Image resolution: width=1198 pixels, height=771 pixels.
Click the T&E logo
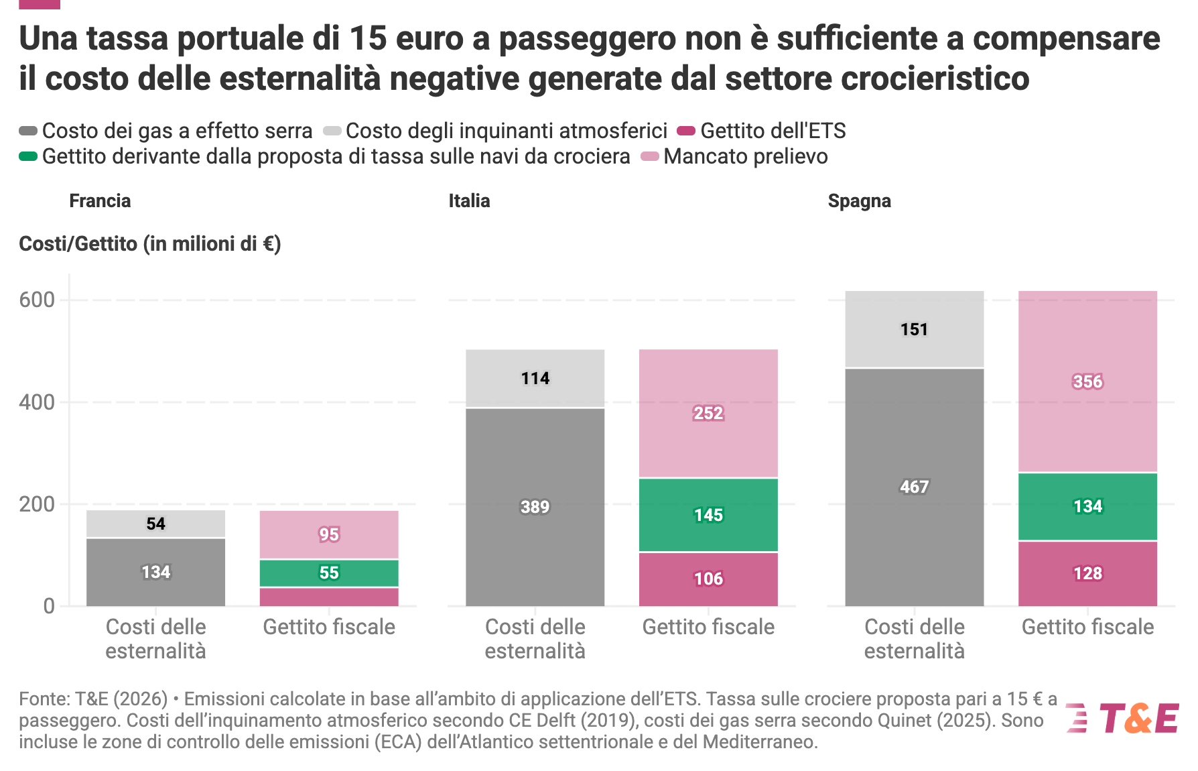(x=1122, y=718)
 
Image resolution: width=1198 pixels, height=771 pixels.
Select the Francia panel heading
(x=100, y=201)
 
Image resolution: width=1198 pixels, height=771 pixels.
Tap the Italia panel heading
(x=469, y=201)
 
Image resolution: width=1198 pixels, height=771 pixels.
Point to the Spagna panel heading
(x=860, y=201)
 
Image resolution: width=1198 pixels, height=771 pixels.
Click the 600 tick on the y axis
(x=37, y=300)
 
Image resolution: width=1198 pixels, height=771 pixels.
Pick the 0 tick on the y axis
(x=49, y=606)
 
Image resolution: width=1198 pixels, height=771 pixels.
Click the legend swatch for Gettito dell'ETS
(x=686, y=130)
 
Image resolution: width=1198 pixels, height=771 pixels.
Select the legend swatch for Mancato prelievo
(x=650, y=156)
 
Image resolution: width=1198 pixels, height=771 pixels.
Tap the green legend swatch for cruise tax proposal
(x=28, y=156)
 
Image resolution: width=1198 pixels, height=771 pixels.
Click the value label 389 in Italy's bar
(x=535, y=507)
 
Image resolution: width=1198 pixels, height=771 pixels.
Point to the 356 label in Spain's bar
(x=1087, y=381)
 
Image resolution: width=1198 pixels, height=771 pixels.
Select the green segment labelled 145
(x=708, y=515)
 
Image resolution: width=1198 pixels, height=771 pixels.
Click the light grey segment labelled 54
(x=155, y=524)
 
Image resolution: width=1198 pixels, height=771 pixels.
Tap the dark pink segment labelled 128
(x=1087, y=574)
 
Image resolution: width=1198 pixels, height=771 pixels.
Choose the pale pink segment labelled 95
(x=329, y=535)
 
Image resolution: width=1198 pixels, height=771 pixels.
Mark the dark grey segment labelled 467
(x=915, y=487)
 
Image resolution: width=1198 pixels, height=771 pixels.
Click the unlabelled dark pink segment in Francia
(x=329, y=597)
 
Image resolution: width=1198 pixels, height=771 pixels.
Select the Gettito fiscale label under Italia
(x=708, y=627)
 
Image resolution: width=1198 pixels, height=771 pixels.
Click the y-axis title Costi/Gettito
(x=149, y=243)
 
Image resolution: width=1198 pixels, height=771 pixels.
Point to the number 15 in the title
(x=368, y=38)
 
